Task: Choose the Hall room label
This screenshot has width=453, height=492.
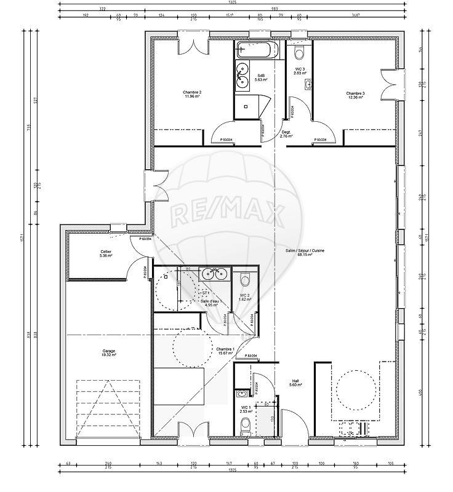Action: pos(295,383)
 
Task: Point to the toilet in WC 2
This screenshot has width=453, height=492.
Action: pos(245,280)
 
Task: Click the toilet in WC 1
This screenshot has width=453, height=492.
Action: pos(246,424)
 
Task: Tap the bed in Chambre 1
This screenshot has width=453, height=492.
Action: pos(178,386)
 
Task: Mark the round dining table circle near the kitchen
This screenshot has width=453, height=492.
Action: pos(355,389)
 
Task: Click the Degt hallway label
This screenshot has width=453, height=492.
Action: pos(286,134)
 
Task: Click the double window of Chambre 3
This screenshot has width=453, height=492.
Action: pos(391,84)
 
